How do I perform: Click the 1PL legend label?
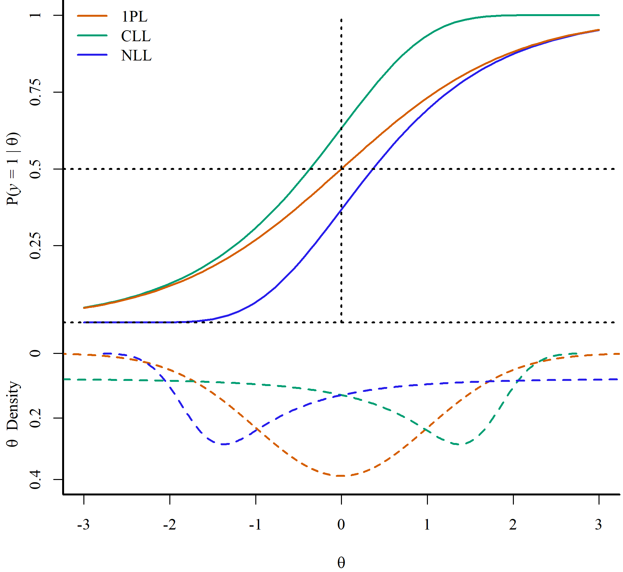tap(135, 16)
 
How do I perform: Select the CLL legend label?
tap(136, 36)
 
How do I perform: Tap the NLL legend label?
tap(137, 56)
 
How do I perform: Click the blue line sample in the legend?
tap(92, 55)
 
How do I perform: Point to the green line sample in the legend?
tap(92, 35)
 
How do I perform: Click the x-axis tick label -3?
tap(83, 525)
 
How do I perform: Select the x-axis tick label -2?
tap(169, 525)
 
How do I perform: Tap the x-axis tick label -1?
tap(255, 525)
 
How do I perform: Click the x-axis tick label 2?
tap(513, 525)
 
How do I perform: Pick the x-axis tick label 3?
tap(599, 525)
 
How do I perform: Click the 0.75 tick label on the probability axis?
tap(35, 92)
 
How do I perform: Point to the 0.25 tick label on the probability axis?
tap(35, 246)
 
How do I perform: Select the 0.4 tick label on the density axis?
tap(35, 479)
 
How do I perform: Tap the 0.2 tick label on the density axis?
tap(35, 418)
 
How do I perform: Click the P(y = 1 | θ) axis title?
tap(14, 169)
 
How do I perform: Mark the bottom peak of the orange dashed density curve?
tap(341, 475)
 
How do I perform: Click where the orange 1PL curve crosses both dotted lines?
tap(341, 169)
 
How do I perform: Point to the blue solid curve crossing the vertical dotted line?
tap(341, 209)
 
